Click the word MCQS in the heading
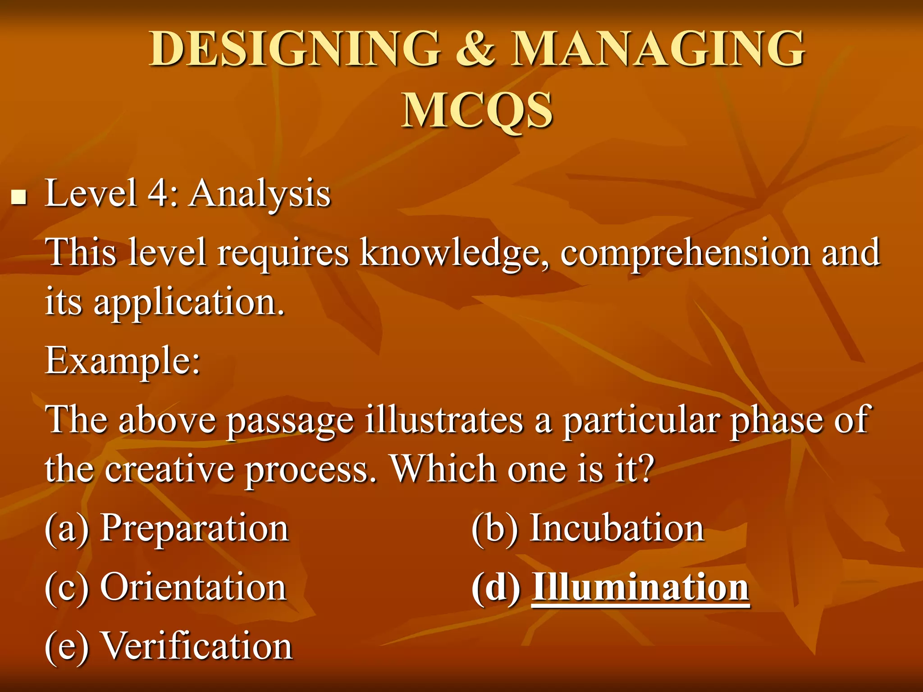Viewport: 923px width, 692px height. [x=477, y=111]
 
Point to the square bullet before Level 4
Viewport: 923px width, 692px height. [x=18, y=197]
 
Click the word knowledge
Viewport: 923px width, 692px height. [x=455, y=253]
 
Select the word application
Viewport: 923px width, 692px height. [x=189, y=303]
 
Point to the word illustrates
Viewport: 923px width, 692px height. [x=444, y=420]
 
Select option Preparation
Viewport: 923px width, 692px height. [x=194, y=528]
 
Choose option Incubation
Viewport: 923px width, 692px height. [x=616, y=528]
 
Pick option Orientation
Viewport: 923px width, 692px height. [x=193, y=587]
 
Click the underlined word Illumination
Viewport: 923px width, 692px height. [x=640, y=587]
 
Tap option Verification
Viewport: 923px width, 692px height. [x=197, y=646]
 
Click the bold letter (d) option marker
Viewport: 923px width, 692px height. [x=496, y=588]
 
